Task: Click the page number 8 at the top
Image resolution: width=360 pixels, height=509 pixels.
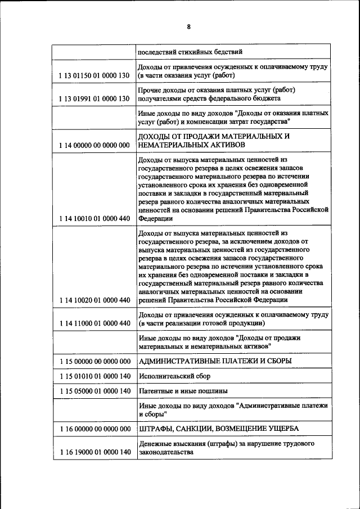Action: (x=188, y=26)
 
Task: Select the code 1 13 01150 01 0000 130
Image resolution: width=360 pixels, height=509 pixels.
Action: (x=94, y=75)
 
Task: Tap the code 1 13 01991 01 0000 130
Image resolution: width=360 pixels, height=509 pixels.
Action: (x=94, y=98)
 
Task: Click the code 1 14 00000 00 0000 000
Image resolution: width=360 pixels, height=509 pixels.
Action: (x=94, y=145)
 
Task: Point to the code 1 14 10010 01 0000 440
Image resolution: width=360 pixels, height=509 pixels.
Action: (x=94, y=219)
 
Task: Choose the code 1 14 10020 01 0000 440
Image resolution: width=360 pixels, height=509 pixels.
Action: (x=94, y=300)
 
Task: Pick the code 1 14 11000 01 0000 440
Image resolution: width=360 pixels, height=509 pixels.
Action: (x=94, y=323)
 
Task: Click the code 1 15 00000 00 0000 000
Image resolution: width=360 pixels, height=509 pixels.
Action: (x=94, y=361)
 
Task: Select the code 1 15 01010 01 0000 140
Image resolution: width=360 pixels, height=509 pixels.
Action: (x=94, y=376)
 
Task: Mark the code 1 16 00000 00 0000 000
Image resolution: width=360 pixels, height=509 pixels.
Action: (x=94, y=429)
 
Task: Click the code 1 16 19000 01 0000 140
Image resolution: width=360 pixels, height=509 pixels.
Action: (x=94, y=452)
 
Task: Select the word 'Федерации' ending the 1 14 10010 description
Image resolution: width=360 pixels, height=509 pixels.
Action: (x=156, y=219)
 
